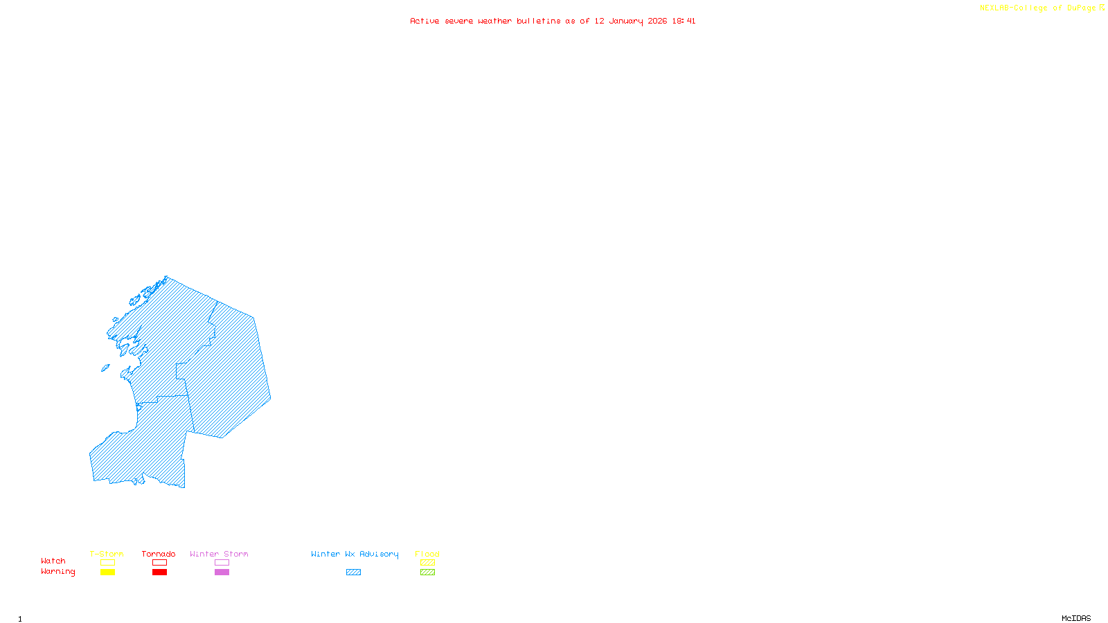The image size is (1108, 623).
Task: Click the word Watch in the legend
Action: (53, 561)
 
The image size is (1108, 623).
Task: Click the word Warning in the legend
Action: (58, 572)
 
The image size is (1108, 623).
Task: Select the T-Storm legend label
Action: (107, 554)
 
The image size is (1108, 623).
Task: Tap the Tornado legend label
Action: (159, 554)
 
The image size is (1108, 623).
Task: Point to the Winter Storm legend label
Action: (219, 554)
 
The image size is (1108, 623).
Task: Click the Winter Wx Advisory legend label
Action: (355, 554)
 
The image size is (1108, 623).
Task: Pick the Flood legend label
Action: (427, 554)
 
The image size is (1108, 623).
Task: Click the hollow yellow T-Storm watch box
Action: (107, 563)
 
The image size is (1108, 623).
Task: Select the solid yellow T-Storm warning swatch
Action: (107, 572)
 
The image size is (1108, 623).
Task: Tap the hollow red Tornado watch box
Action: (160, 563)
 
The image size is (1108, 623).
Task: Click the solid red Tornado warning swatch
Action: (160, 572)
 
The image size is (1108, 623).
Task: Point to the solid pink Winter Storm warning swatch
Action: (222, 572)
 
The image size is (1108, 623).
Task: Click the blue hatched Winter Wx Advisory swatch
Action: (353, 572)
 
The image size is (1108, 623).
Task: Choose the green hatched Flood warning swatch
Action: (428, 572)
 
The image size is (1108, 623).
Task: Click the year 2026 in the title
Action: (657, 21)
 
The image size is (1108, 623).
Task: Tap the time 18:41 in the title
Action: (683, 21)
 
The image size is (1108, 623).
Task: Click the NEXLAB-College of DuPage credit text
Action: (1038, 8)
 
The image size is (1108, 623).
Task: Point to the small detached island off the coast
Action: (105, 368)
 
